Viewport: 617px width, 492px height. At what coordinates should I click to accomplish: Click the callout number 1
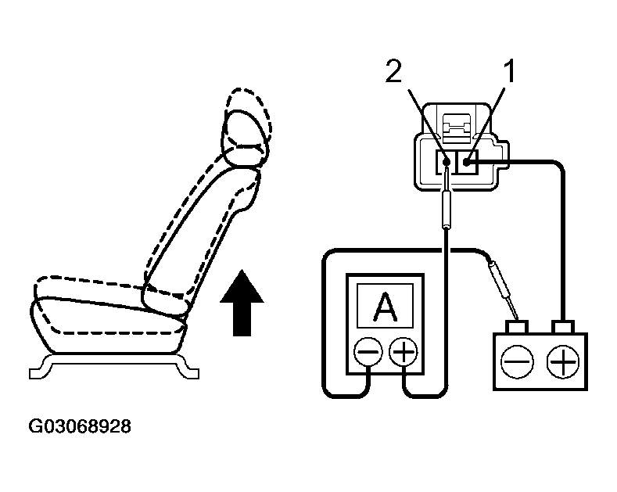509,75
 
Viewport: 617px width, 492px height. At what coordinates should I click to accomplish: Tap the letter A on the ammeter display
384,307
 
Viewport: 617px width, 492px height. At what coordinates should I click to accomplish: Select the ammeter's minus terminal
367,353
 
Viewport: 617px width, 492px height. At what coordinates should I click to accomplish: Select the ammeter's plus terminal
404,353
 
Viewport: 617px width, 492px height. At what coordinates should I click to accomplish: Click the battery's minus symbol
518,361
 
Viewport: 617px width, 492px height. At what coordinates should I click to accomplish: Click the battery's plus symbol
561,361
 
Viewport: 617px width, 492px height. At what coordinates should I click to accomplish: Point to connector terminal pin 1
466,162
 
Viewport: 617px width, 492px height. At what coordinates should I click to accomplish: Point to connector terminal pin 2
446,163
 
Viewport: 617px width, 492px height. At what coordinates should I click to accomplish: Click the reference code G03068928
80,427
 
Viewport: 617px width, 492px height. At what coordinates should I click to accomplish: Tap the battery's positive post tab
561,325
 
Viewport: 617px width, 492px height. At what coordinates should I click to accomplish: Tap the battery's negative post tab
516,325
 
